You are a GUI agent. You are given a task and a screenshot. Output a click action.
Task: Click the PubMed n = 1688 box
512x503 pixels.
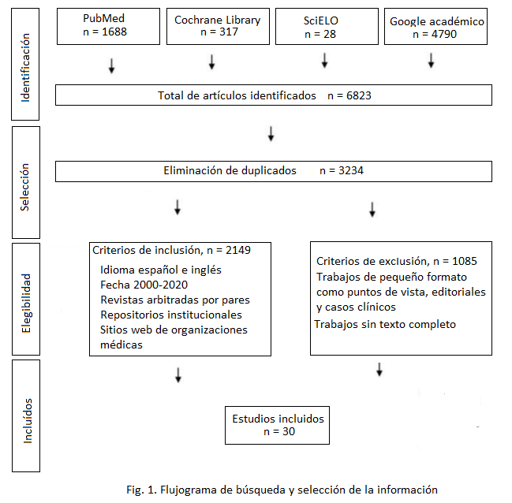tap(103, 25)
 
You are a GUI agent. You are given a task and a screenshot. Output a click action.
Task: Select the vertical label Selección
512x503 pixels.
tap(25, 186)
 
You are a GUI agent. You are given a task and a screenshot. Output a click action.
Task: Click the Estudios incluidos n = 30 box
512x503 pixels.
tap(277, 425)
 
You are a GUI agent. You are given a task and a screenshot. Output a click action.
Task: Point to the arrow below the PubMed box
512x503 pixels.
tap(111, 65)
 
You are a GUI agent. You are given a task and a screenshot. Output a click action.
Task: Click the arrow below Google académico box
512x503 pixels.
tap(431, 61)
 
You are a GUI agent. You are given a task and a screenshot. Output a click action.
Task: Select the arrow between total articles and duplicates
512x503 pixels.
tap(271, 133)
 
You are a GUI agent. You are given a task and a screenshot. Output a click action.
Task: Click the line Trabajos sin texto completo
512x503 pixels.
tap(385, 324)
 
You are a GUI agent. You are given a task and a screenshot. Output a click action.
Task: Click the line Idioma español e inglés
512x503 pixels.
tap(160, 270)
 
